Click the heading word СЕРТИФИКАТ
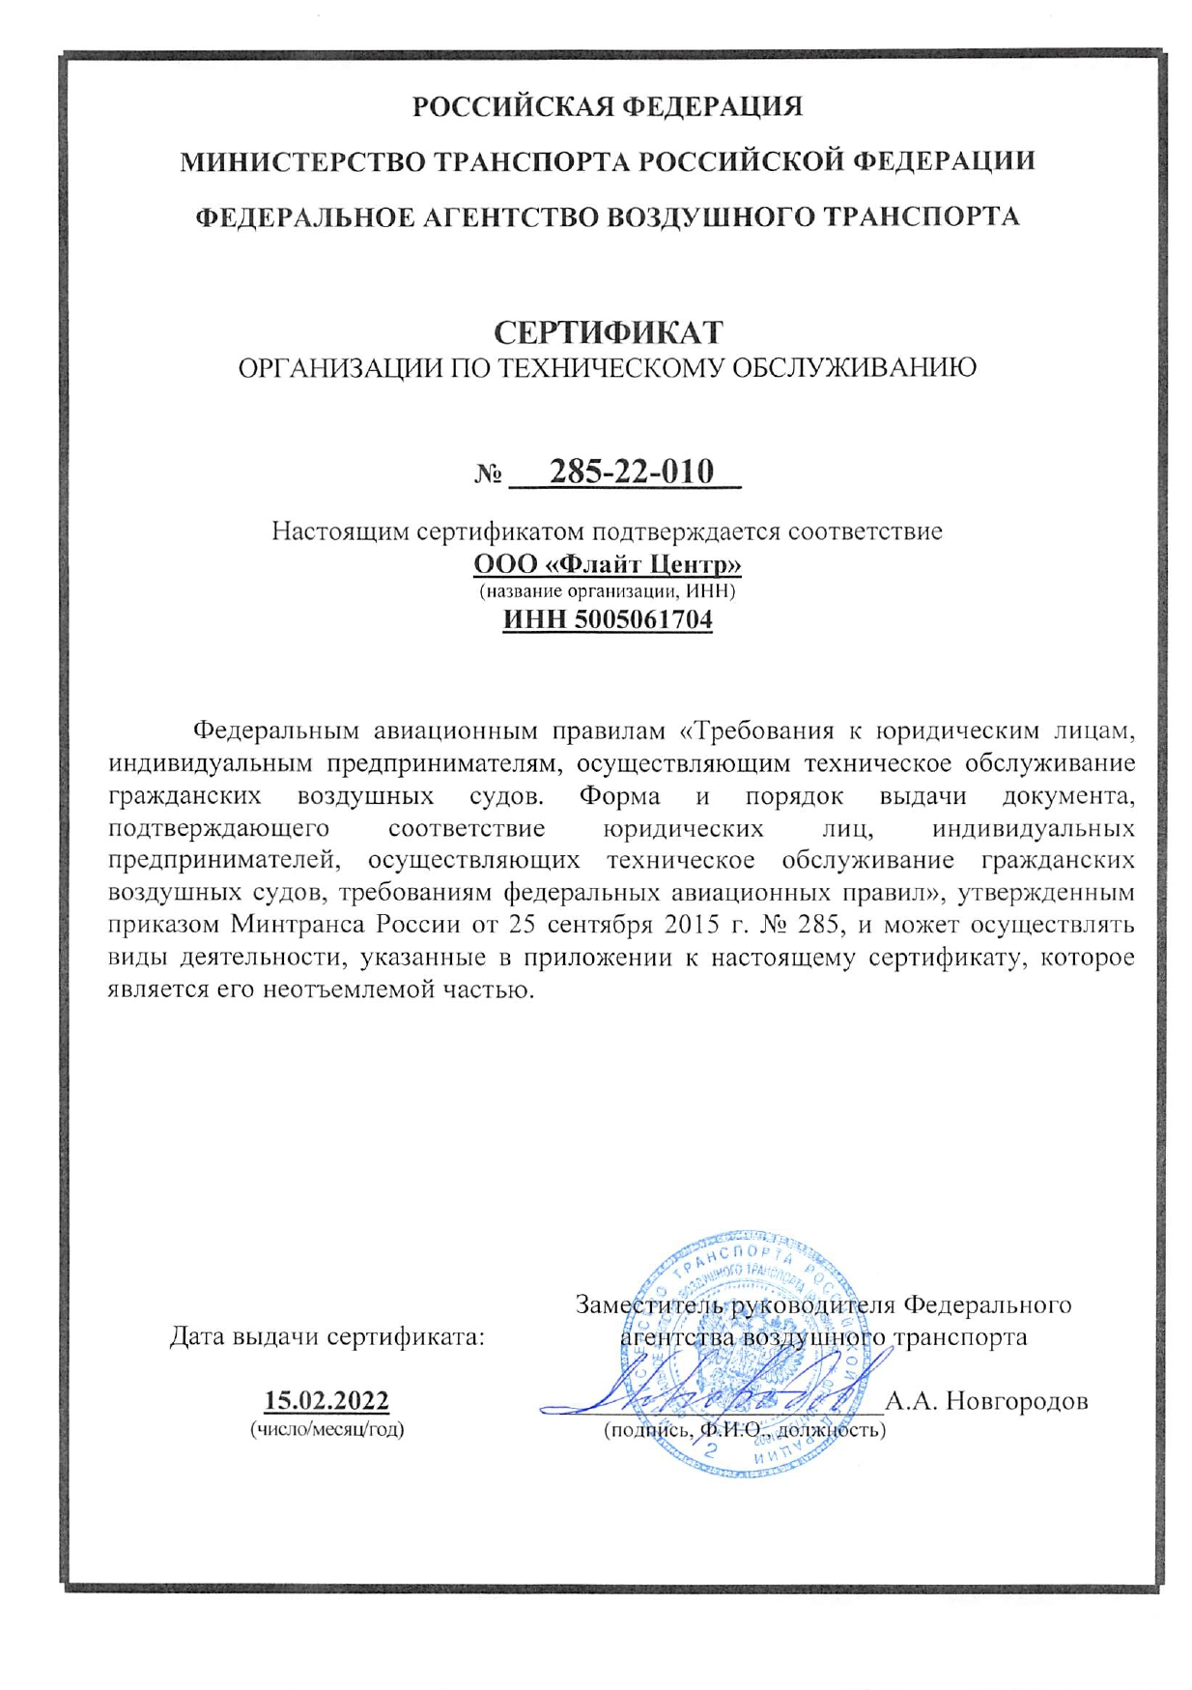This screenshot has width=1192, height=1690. tap(608, 332)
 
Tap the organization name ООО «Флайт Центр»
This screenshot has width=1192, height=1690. tap(607, 563)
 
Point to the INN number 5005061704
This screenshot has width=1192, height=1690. tap(643, 618)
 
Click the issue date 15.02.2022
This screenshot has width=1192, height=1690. tap(326, 1400)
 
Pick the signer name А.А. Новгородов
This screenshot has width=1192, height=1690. tap(986, 1400)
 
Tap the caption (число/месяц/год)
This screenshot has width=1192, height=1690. tap(326, 1429)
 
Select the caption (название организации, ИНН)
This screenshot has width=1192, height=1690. tap(608, 590)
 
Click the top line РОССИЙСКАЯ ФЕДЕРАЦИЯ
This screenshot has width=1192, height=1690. tap(608, 105)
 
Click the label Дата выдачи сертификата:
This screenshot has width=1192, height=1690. tap(326, 1337)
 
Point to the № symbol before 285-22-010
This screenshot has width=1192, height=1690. tap(489, 474)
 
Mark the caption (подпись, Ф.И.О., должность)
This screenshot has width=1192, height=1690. tap(744, 1429)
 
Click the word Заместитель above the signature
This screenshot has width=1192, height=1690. tap(652, 1305)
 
